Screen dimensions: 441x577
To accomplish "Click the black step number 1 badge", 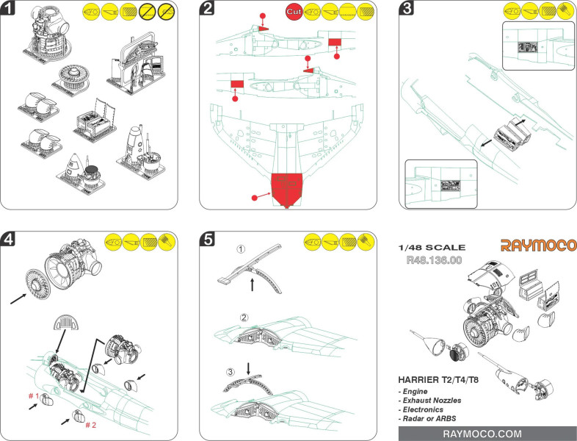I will click(10, 10).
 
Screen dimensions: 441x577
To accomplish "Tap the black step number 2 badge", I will click(208, 10).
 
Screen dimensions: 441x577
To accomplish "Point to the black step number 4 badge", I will click(10, 239).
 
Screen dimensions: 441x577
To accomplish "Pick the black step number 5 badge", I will click(208, 239).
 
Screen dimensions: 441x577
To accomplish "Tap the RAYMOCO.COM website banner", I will click(487, 434).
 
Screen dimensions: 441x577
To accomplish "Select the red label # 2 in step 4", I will click(90, 425).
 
